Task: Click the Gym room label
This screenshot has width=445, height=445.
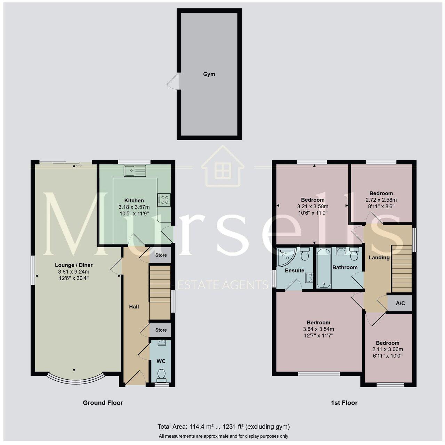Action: tap(209, 74)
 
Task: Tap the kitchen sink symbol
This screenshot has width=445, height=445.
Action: tap(135, 170)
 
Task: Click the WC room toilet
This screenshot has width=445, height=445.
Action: tap(161, 375)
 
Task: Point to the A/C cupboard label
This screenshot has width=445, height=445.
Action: tap(400, 303)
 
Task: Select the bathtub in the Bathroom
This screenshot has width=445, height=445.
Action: tap(323, 268)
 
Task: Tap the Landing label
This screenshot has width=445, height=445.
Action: tap(379, 258)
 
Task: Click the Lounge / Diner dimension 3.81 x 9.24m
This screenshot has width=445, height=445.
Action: tap(74, 272)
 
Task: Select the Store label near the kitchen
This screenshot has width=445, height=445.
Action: tap(161, 255)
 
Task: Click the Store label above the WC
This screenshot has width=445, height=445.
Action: tap(161, 330)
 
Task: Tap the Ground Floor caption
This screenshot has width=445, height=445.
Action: tap(103, 403)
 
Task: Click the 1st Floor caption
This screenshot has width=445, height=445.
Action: tap(344, 403)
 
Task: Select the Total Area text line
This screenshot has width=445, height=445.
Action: tap(223, 427)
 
